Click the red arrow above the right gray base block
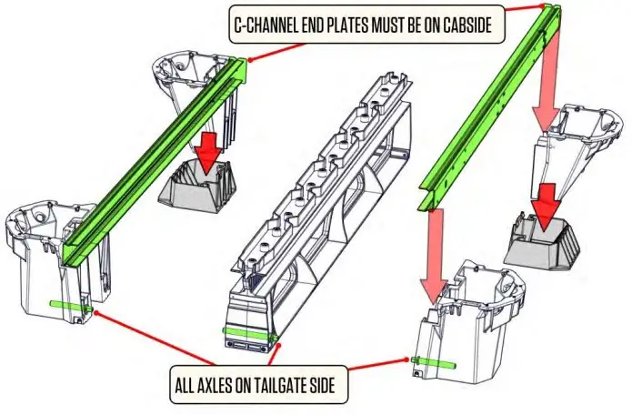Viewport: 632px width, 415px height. coord(547,205)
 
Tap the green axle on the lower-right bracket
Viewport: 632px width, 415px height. coord(436,360)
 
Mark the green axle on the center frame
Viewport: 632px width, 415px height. coord(246,334)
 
